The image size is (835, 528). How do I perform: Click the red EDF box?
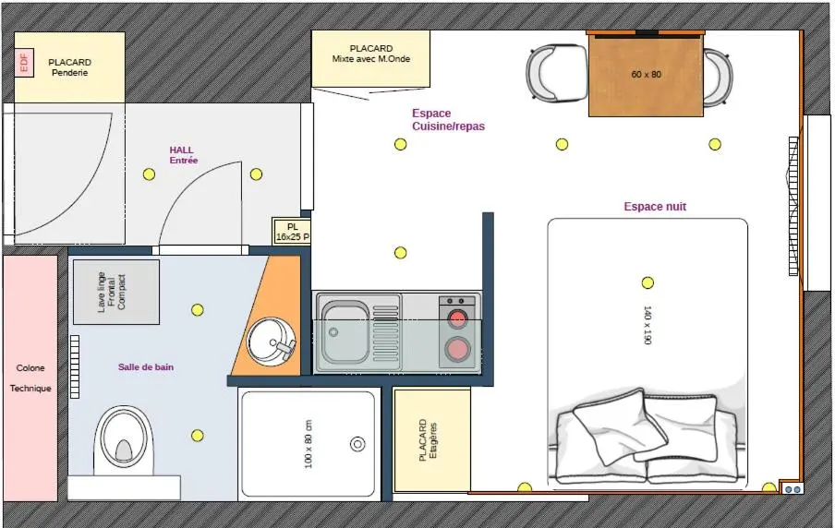click(24, 62)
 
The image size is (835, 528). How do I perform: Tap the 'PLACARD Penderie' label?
click(70, 67)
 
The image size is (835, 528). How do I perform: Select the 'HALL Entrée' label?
click(183, 155)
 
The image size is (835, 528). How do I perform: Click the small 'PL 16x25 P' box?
click(292, 232)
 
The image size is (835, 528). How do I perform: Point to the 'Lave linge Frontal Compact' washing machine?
click(116, 292)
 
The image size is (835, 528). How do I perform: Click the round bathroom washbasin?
click(271, 342)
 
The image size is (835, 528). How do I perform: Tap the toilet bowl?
click(124, 439)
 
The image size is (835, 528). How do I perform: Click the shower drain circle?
click(357, 443)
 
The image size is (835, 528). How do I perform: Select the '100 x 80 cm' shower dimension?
click(309, 444)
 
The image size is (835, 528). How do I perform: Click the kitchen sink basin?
click(345, 332)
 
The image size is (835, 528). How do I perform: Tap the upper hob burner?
click(457, 319)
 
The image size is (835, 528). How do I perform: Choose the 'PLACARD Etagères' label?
click(428, 439)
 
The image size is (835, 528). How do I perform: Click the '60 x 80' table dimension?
click(647, 74)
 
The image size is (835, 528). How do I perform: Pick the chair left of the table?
click(556, 73)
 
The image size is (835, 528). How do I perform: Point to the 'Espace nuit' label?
click(655, 207)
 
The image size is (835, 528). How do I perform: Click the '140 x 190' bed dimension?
click(647, 325)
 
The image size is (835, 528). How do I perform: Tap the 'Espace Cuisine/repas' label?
click(448, 120)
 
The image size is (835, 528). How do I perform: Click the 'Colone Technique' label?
click(30, 378)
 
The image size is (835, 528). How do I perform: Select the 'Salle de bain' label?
click(146, 366)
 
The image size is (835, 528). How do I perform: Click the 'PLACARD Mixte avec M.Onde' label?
click(371, 54)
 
